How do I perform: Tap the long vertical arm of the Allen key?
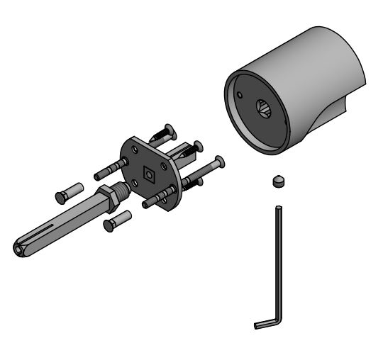[x=278, y=262]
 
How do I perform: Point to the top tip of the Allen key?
[x=279, y=207]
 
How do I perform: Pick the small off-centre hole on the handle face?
[x=241, y=94]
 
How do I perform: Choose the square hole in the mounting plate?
[x=149, y=172]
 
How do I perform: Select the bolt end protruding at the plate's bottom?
[x=151, y=203]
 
